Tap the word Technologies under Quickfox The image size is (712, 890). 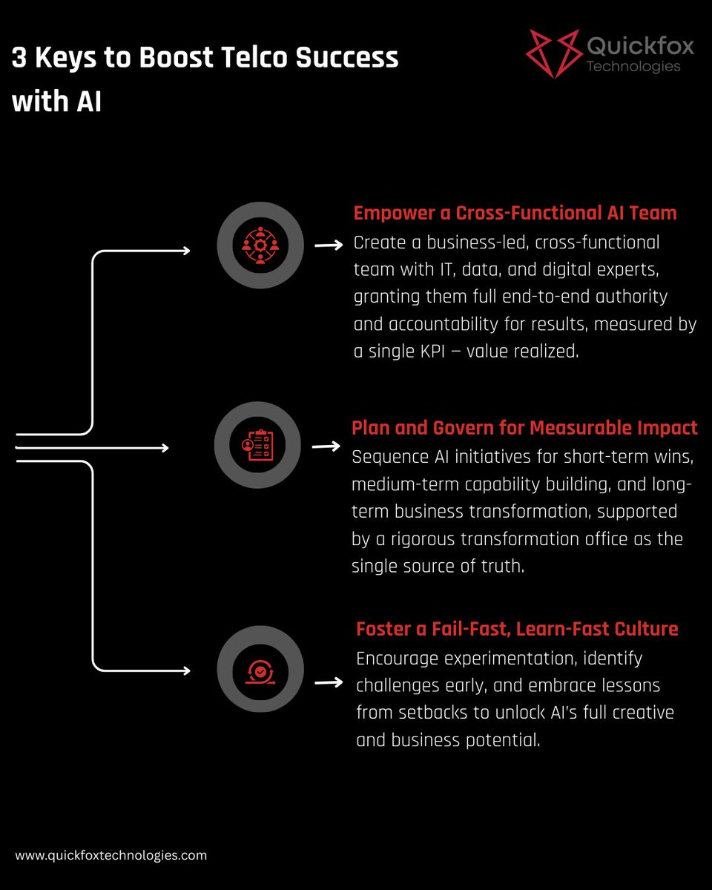[x=633, y=67]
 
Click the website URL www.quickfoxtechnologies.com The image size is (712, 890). [x=111, y=855]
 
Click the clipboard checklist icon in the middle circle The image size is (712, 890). [x=257, y=446]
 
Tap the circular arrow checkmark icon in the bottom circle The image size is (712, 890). [x=260, y=670]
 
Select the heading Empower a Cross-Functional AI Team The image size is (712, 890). [x=515, y=214]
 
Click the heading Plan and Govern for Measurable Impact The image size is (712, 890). [x=524, y=428]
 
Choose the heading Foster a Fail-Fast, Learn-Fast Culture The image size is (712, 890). [x=517, y=630]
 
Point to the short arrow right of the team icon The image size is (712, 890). [x=328, y=245]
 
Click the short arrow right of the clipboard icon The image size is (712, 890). [x=326, y=446]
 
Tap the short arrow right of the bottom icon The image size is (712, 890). [x=328, y=682]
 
